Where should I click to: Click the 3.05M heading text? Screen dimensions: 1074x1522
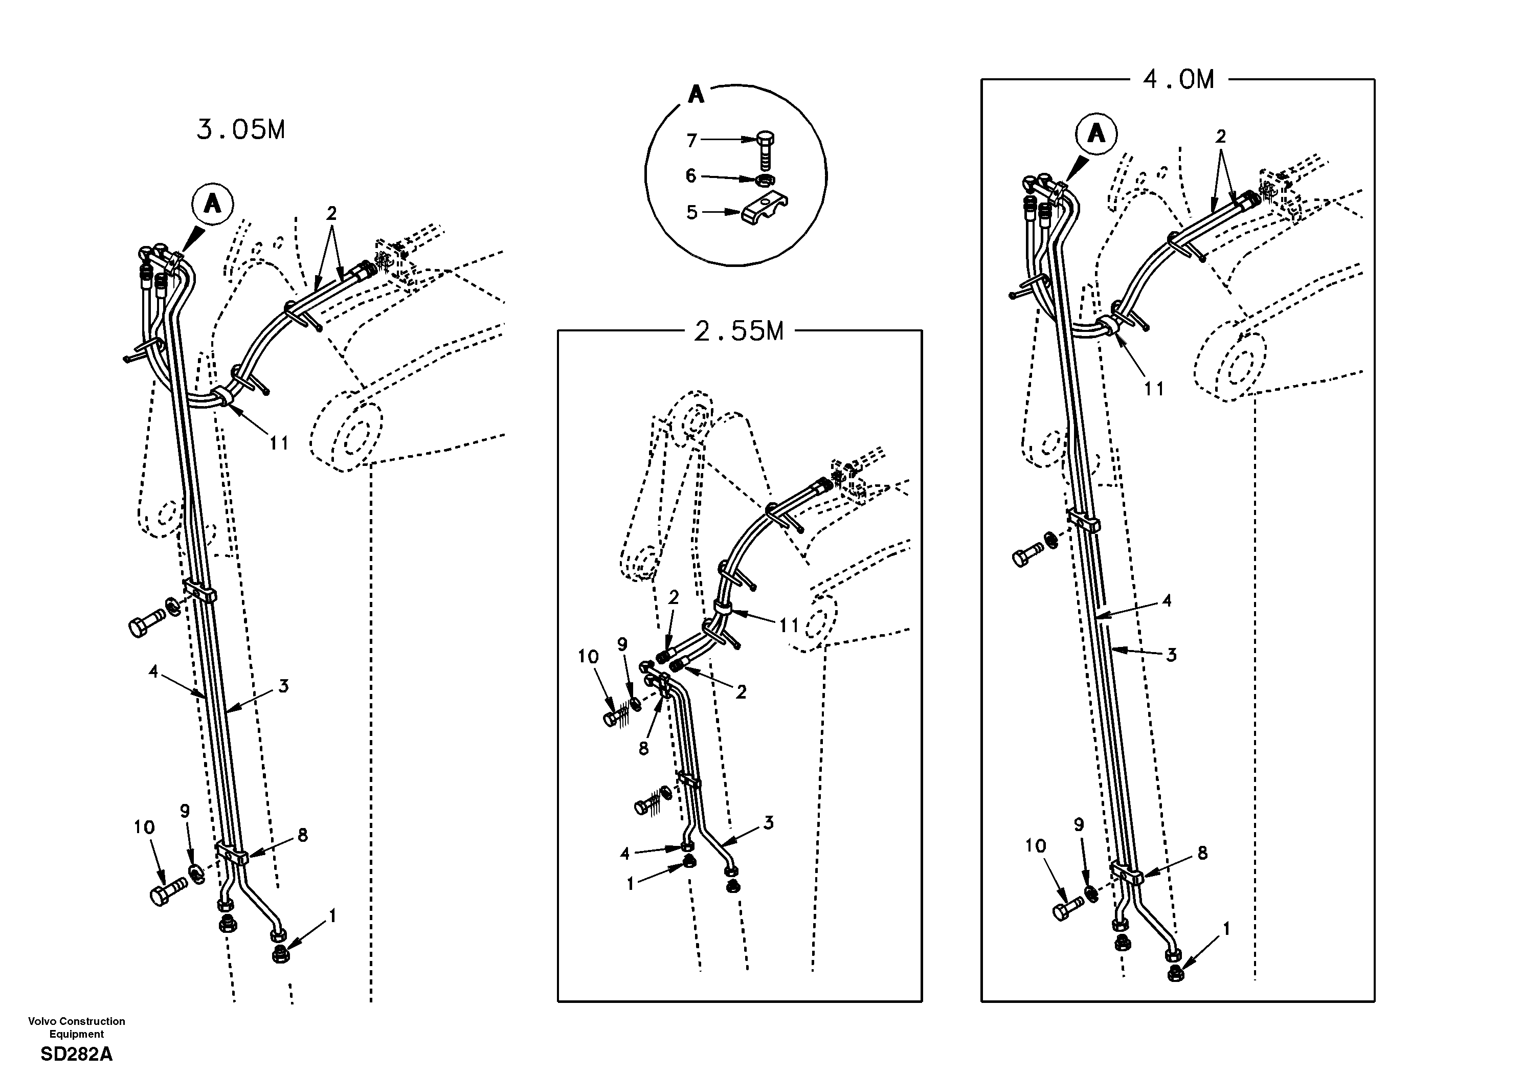click(241, 130)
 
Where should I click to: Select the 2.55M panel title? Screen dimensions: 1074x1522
click(738, 331)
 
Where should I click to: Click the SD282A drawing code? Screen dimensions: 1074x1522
click(76, 1054)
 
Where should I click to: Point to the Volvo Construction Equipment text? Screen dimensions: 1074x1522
click(76, 1027)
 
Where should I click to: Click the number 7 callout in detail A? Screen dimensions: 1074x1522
click(691, 141)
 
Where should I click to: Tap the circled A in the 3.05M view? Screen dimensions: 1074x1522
click(212, 204)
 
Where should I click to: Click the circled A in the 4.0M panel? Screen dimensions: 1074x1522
click(1096, 134)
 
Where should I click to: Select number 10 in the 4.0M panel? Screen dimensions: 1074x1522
click(1036, 846)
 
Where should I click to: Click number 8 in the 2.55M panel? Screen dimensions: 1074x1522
click(643, 749)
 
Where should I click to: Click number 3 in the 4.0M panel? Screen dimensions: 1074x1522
click(1171, 655)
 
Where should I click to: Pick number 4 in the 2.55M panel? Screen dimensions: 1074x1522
click(624, 854)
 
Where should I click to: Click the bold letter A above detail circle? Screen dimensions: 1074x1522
click(696, 95)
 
